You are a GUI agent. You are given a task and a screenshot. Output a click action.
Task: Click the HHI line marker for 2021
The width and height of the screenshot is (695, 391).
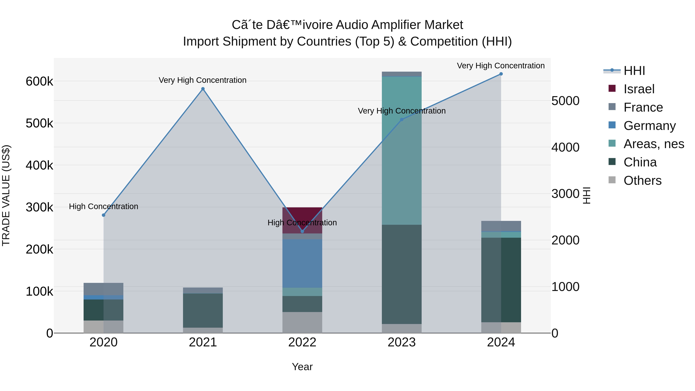[x=203, y=89]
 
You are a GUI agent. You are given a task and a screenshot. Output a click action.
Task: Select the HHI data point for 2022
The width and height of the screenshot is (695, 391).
[x=302, y=231]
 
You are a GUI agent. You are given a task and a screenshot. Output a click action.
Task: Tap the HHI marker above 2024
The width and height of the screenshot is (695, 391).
[x=501, y=74]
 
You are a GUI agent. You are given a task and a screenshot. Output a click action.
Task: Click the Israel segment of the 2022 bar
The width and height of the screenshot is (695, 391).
[x=302, y=216]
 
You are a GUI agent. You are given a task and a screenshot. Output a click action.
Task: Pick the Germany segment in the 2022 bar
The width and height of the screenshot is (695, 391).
[x=302, y=263]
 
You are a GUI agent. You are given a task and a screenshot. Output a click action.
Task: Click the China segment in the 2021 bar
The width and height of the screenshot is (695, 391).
[x=203, y=310]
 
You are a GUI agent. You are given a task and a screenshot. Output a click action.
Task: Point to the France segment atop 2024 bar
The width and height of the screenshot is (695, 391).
[x=501, y=226]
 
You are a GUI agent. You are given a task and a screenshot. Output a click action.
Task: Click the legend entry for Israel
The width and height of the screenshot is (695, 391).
[x=639, y=89]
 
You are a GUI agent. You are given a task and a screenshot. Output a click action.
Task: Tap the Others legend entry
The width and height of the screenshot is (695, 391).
[x=642, y=181]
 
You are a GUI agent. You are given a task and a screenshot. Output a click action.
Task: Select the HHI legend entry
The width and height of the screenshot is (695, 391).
[x=634, y=71]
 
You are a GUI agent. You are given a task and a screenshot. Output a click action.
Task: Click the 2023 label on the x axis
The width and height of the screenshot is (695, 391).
[x=402, y=342]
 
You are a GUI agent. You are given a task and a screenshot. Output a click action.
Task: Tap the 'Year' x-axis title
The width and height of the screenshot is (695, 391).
[x=302, y=367]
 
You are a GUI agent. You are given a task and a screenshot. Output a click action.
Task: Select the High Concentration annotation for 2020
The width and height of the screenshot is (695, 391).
[x=104, y=206]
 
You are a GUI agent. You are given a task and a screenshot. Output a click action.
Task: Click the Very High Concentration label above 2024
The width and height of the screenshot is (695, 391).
[x=501, y=66]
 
